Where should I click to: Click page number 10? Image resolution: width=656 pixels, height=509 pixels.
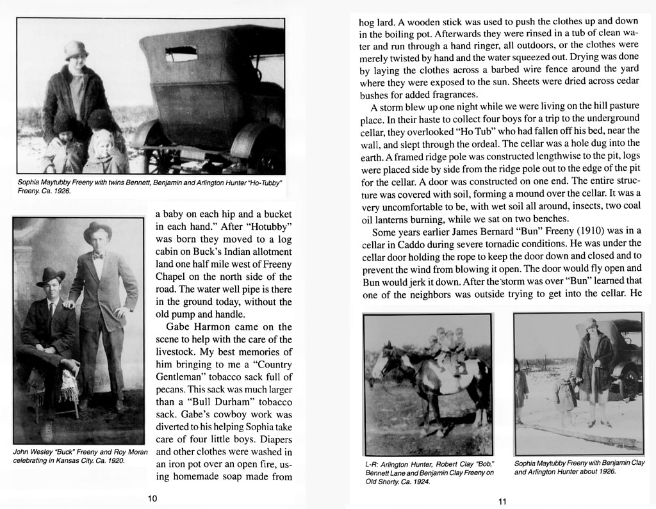(152, 498)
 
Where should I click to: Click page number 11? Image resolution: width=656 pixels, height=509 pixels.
(502, 501)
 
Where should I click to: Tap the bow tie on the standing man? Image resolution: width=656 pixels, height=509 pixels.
(97, 255)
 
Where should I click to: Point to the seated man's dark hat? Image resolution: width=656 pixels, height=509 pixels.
(51, 277)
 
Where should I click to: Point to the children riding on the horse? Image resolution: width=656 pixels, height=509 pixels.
(448, 346)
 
